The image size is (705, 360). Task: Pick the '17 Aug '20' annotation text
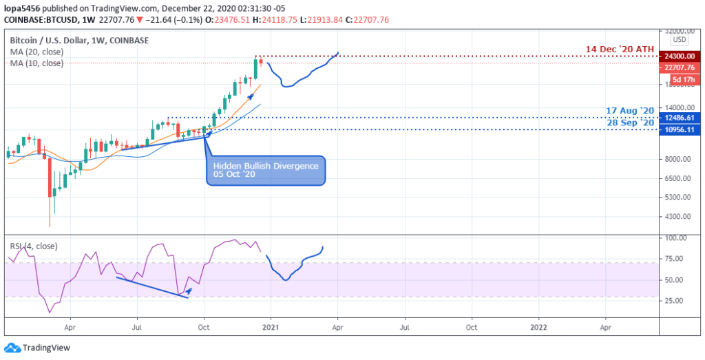630,110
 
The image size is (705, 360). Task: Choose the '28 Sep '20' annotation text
630,123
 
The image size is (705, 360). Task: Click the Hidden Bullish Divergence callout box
266,170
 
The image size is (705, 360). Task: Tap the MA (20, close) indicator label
36,52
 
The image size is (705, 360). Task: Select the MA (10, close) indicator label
36,63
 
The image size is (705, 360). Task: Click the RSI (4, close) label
33,246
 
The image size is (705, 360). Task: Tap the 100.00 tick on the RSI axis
679,238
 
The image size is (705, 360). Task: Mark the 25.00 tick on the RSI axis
679,301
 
